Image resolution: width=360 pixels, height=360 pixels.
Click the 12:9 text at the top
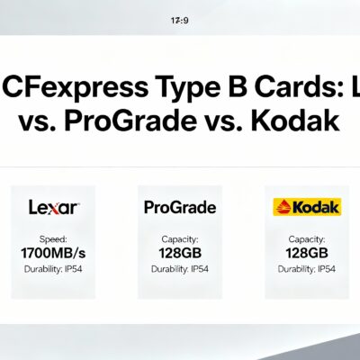pos(179,18)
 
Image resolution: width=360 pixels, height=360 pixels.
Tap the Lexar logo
pos(54,208)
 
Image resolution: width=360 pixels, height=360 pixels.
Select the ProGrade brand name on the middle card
pos(180,208)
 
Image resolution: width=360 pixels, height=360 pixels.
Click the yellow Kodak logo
pos(306,208)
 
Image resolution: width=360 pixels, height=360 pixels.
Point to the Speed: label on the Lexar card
pos(54,240)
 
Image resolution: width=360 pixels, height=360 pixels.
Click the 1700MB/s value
pos(54,255)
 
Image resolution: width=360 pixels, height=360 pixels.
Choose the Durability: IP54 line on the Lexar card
pos(54,269)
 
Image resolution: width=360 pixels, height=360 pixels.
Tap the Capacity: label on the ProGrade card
pos(180,240)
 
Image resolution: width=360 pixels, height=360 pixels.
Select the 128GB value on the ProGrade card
pos(180,255)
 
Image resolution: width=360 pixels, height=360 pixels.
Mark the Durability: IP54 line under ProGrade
pos(180,269)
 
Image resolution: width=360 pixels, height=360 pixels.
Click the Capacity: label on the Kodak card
pos(306,240)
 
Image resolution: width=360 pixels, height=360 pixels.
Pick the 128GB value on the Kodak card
pos(306,255)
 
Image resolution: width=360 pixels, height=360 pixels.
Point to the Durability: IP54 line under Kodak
pos(306,269)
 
